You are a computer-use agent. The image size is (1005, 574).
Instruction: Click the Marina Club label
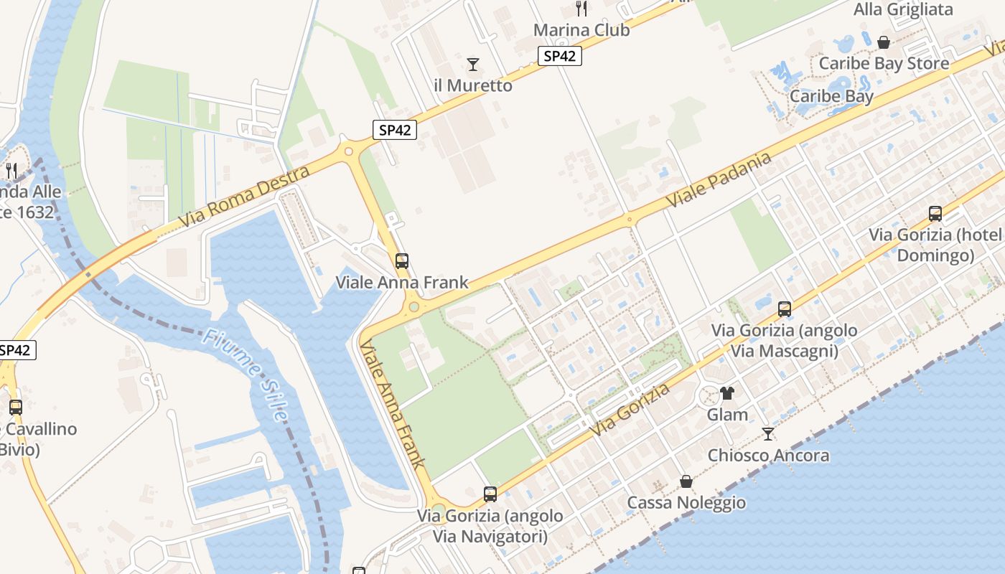(581, 30)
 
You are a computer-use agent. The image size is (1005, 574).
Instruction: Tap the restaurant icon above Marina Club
(581, 9)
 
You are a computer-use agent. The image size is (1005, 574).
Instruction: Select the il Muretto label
(473, 85)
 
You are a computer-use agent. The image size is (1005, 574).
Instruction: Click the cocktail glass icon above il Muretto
(473, 65)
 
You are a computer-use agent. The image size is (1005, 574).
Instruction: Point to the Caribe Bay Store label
(884, 63)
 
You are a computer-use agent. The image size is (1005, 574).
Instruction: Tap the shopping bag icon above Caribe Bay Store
(884, 42)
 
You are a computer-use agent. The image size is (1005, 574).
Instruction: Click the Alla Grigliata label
(903, 9)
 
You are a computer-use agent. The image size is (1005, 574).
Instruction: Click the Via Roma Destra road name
(244, 196)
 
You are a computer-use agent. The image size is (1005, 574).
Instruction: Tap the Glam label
(727, 415)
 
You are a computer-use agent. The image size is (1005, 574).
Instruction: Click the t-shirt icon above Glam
(727, 393)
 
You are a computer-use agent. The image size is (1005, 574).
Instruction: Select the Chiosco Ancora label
(768, 456)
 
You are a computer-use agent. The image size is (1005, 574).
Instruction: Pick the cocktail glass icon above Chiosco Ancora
(768, 434)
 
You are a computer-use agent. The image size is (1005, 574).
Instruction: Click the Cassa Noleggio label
(686, 502)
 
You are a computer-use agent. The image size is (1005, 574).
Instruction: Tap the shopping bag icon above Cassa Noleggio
(686, 481)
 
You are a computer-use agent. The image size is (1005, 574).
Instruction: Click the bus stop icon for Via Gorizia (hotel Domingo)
(935, 213)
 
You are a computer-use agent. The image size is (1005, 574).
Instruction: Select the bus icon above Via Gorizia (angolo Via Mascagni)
(785, 309)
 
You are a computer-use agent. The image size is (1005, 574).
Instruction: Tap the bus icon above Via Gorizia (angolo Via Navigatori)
(490, 494)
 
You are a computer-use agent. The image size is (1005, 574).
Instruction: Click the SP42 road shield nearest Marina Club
(559, 56)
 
